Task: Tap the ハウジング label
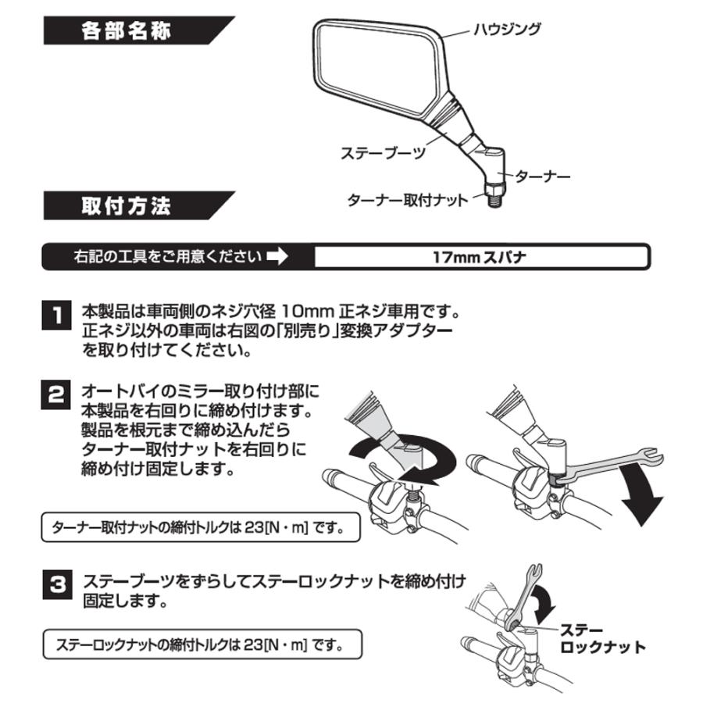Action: (507, 30)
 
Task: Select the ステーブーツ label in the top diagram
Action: (383, 153)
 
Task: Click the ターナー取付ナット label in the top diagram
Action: (407, 200)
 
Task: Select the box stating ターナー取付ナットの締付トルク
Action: (201, 527)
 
